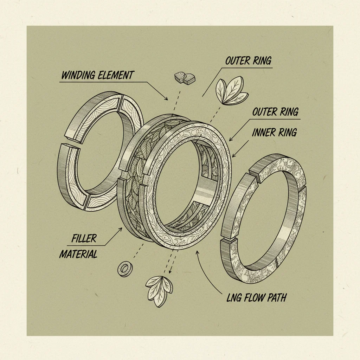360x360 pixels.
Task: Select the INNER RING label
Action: [x=274, y=133]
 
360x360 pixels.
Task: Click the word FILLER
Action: [x=84, y=239]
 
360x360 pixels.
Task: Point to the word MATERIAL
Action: [x=78, y=254]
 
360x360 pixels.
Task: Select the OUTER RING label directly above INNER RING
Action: [x=275, y=112]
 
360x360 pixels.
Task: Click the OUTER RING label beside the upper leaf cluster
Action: [x=248, y=61]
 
